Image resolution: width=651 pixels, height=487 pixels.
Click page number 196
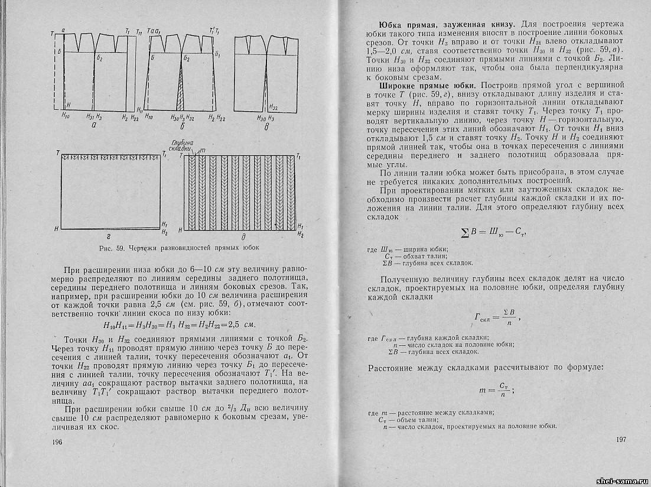click(57, 442)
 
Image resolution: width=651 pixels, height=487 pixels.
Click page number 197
click(620, 440)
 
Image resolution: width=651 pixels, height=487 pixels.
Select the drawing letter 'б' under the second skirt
click(185, 126)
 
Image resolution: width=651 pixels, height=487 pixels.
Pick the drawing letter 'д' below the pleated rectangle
click(243, 235)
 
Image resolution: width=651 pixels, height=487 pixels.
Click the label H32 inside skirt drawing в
click(273, 108)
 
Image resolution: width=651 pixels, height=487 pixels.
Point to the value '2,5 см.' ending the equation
click(243, 325)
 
